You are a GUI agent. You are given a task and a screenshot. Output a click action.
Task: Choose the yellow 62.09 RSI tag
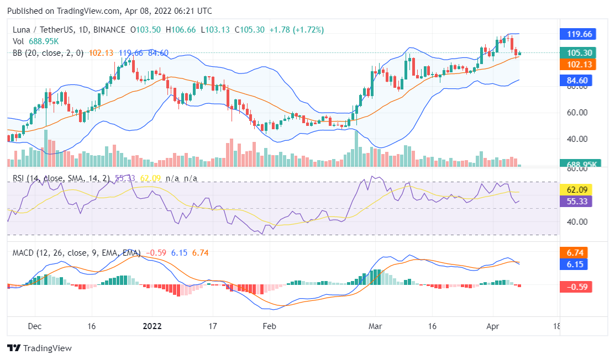577,190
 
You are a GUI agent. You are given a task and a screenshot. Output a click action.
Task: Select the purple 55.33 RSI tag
577,202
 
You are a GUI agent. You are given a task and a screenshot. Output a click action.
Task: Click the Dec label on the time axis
35,326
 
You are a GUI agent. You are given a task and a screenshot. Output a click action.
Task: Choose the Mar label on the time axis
375,326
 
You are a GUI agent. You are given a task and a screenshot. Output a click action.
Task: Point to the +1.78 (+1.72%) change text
296,29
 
